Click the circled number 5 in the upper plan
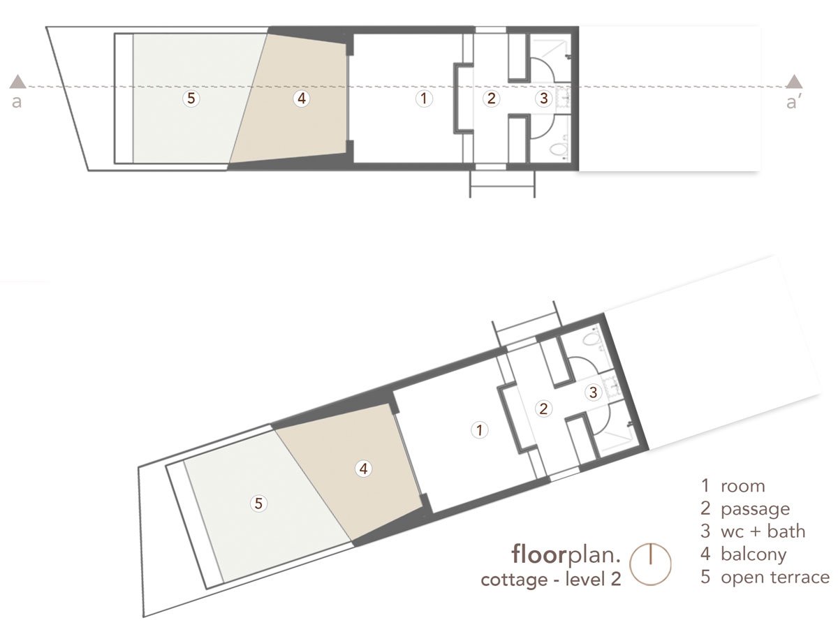pos(191,98)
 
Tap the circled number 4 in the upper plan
pos(301,98)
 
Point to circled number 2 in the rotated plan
pos(543,408)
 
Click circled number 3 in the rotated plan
pos(593,392)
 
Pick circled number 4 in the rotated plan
pos(362,469)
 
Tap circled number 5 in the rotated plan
pos(258,503)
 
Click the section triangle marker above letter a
pos(18,82)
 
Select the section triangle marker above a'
pos(794,82)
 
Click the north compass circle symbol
pos(650,564)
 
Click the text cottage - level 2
pos(551,580)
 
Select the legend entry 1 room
pos(733,486)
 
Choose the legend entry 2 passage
pos(745,509)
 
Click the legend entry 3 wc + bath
pos(753,531)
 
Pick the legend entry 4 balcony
pos(744,554)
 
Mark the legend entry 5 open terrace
pos(765,578)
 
